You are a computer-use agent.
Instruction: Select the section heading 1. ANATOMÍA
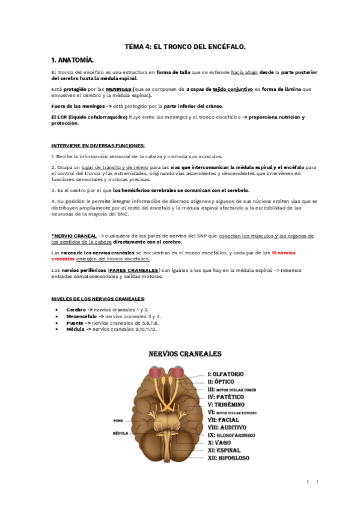[x=73, y=60]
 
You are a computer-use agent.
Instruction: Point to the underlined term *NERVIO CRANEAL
[x=73, y=236]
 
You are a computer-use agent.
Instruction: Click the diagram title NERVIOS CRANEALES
[x=185, y=354]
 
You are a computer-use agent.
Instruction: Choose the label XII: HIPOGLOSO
[x=228, y=458]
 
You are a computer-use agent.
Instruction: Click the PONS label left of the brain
[x=118, y=420]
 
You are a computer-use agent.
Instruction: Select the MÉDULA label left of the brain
[x=120, y=432]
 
